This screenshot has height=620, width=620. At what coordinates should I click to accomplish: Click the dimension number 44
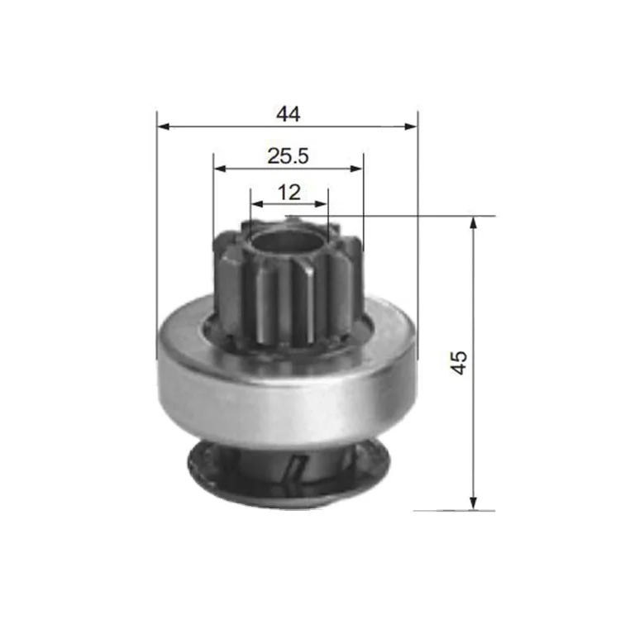(x=288, y=114)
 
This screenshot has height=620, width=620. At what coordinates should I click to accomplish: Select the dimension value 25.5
(x=288, y=154)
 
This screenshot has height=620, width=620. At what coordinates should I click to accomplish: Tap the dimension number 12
(x=289, y=192)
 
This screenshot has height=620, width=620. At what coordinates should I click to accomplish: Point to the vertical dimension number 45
(x=459, y=362)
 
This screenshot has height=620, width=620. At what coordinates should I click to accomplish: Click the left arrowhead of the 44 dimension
(x=163, y=126)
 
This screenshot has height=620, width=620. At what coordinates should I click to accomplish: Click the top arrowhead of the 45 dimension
(x=474, y=222)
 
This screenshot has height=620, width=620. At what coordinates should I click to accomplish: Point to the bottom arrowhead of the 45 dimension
(x=474, y=503)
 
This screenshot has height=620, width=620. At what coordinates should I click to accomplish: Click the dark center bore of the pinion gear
(x=286, y=244)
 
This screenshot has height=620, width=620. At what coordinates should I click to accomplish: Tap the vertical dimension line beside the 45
(x=474, y=289)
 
